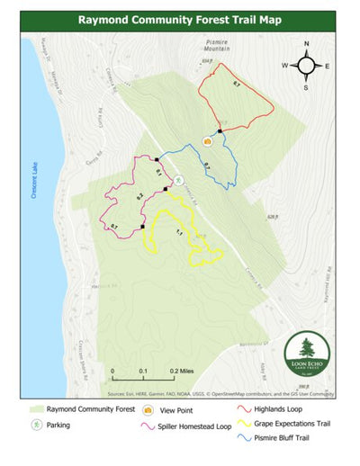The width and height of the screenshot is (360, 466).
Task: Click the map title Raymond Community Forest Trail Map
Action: pyautogui.click(x=180, y=18)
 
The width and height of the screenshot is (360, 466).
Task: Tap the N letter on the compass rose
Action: pyautogui.click(x=307, y=44)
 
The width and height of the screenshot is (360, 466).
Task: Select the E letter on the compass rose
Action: pyautogui.click(x=327, y=66)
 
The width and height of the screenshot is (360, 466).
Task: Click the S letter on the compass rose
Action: pyautogui.click(x=307, y=87)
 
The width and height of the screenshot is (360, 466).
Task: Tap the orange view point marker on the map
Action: pyautogui.click(x=206, y=140)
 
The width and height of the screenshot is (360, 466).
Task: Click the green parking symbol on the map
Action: pyautogui.click(x=178, y=179)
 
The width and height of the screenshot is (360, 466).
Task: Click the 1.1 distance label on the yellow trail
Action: pyautogui.click(x=179, y=233)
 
